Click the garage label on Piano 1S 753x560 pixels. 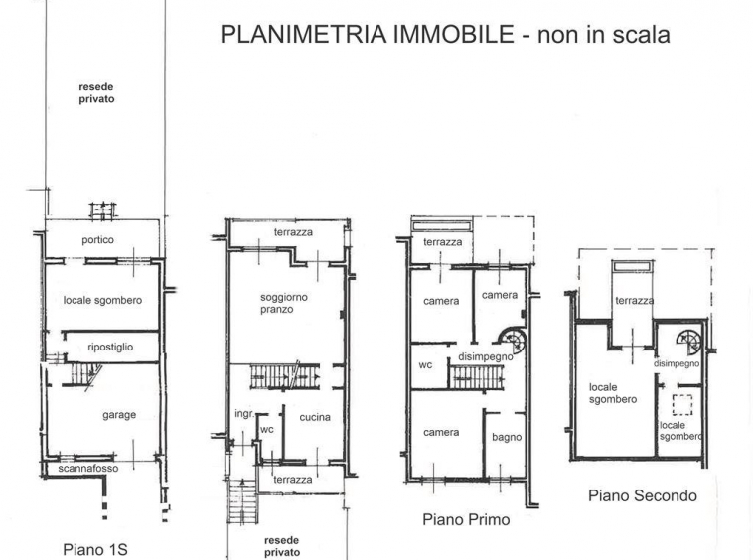pos(119,415)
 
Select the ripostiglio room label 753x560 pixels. pos(110,347)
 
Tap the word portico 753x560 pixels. pos(98,240)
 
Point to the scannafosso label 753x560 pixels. pos(88,469)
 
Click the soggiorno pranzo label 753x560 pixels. pos(284,303)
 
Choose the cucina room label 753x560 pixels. pos(315,417)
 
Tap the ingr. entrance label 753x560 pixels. pos(244,414)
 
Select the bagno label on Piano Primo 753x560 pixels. pos(507,437)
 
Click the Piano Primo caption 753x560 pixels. pos(466,519)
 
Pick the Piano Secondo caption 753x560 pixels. pos(643,495)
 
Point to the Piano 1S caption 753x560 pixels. pos(95,549)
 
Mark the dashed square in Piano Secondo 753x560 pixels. pos(682,404)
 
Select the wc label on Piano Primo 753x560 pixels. pos(425,365)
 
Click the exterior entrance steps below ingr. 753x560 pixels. pos(242,501)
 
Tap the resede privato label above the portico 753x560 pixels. pos(96,93)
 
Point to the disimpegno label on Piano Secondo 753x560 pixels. pos(677,363)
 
